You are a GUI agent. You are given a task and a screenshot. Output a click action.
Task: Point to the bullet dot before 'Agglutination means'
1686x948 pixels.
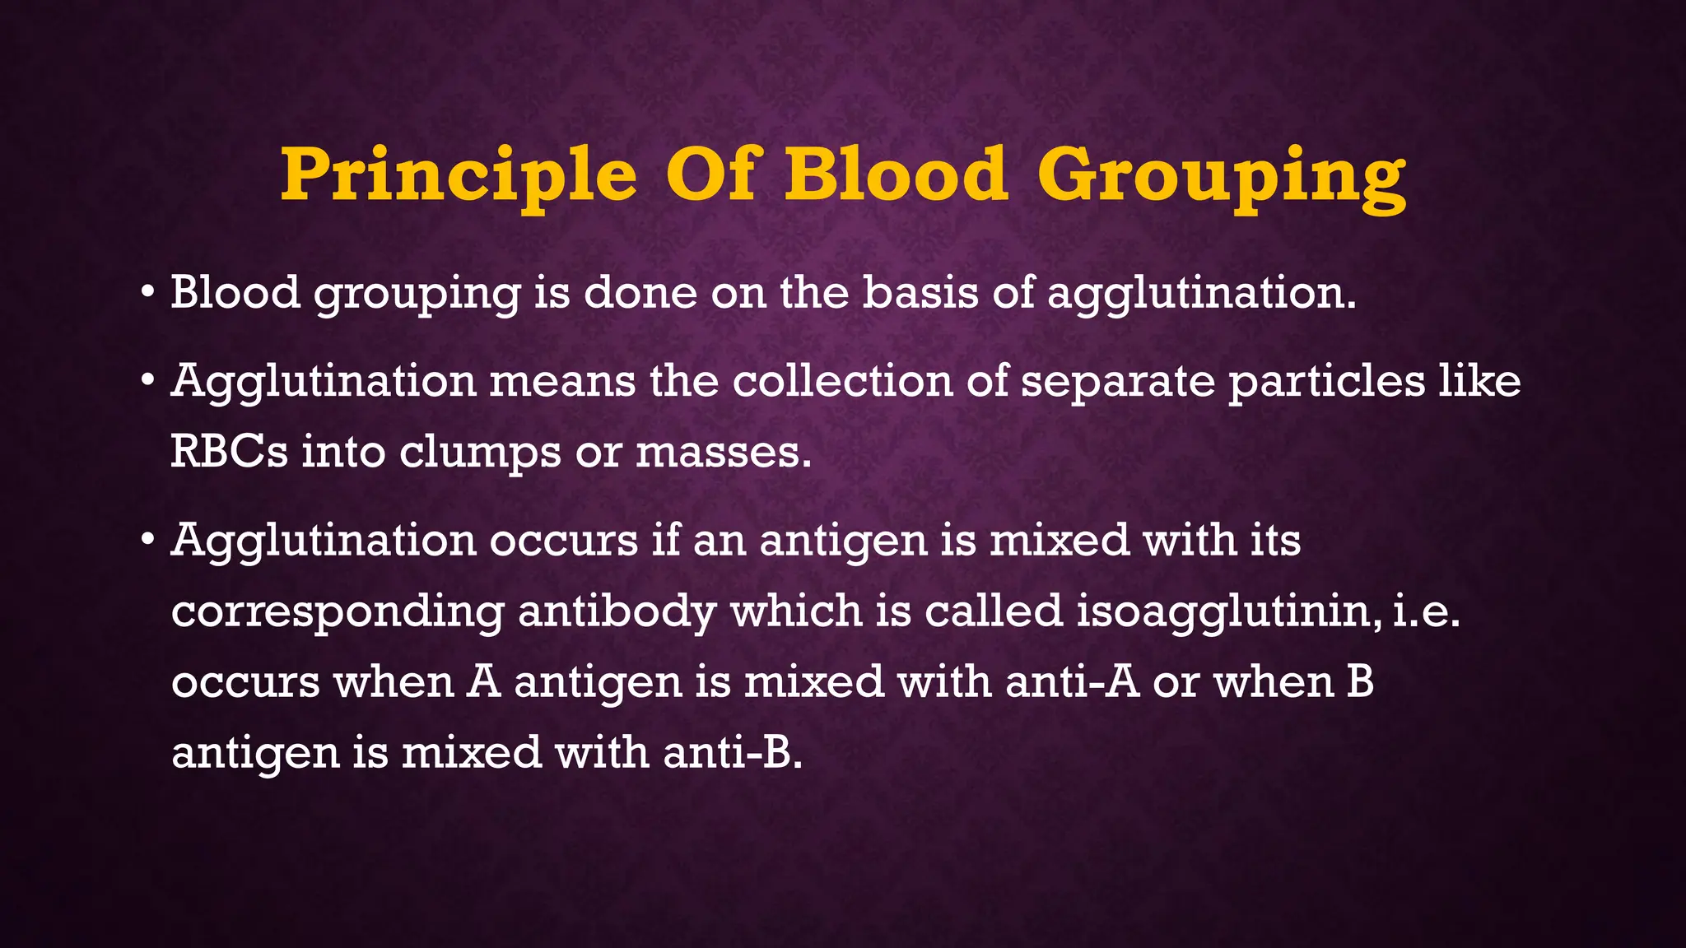pos(147,381)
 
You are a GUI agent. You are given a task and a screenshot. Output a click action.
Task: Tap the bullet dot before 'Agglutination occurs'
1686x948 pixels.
pos(147,541)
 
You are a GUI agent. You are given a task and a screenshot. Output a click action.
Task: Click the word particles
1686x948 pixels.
pos(1326,381)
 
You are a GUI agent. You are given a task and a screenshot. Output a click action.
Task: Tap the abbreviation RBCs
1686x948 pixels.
pos(229,452)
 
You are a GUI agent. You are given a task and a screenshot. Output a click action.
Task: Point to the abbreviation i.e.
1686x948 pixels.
pos(1427,612)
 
